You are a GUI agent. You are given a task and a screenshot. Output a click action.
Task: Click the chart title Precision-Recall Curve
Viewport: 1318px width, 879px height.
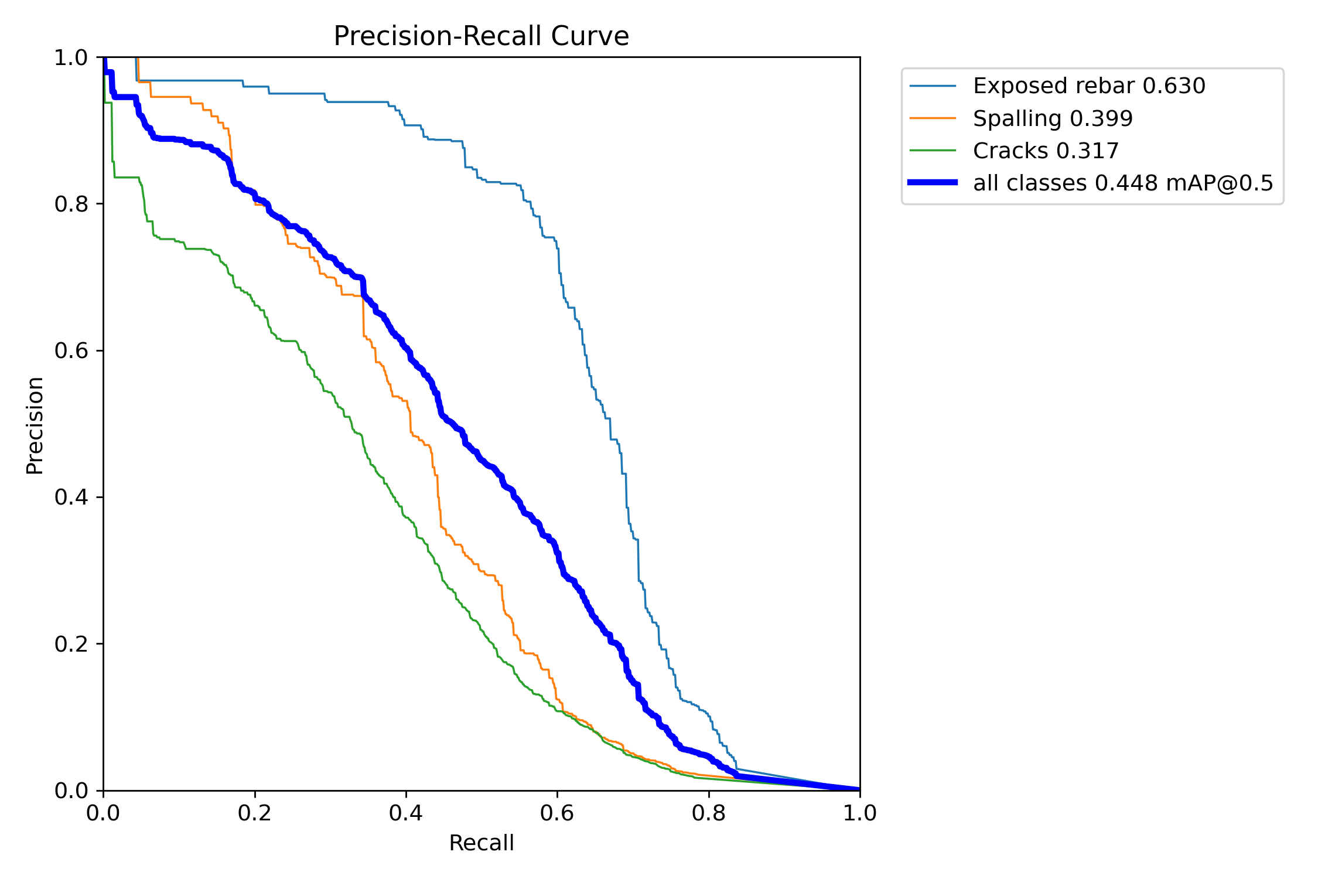point(481,36)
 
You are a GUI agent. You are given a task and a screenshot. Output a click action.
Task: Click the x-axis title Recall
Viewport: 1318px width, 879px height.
point(481,843)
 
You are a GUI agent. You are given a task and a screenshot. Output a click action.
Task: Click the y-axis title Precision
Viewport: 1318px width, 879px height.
point(35,425)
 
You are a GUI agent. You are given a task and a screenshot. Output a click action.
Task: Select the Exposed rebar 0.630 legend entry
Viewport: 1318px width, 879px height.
point(1089,86)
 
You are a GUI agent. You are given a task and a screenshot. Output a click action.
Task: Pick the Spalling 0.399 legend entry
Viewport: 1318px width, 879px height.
point(1053,119)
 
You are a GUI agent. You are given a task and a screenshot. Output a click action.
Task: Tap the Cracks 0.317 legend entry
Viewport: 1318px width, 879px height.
point(1046,151)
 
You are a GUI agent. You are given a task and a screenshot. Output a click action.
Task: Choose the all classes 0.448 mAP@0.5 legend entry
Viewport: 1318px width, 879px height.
point(1123,183)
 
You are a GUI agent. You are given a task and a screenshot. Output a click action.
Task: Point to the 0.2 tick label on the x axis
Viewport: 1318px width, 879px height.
point(255,813)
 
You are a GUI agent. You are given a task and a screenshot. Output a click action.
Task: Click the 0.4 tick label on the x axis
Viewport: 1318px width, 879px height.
point(406,813)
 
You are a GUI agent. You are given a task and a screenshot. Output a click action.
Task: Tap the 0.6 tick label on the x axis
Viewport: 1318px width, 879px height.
point(557,813)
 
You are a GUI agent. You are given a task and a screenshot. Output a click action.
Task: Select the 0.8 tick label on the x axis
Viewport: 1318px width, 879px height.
point(709,813)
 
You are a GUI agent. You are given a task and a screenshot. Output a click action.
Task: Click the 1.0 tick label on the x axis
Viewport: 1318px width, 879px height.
point(860,813)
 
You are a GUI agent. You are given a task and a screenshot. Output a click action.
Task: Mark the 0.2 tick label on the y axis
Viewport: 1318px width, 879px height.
point(71,644)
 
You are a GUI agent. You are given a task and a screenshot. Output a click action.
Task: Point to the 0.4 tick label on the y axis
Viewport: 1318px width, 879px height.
point(71,498)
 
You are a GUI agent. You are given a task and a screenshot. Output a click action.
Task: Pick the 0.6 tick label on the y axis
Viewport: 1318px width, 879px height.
point(71,351)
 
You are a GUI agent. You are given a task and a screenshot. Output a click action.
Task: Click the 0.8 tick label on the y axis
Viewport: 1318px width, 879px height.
point(71,205)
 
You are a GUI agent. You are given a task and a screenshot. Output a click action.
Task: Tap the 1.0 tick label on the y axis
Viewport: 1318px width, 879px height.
point(71,58)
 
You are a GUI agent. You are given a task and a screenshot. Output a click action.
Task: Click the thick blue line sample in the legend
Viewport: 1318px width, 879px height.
point(933,183)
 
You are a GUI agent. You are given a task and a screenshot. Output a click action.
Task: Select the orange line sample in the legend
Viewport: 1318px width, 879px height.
point(933,118)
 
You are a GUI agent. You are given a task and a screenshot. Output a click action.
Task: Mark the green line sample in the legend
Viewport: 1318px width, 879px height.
point(933,151)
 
